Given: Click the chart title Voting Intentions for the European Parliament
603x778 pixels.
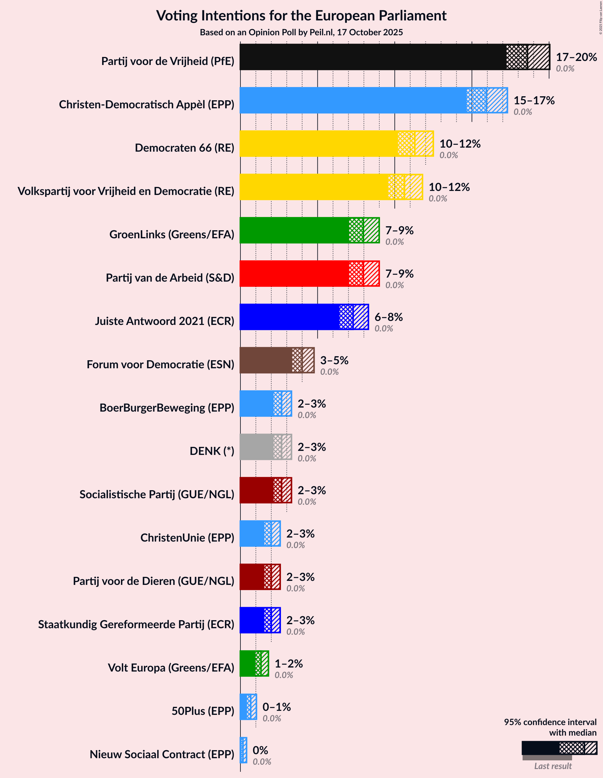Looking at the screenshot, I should tap(301, 16).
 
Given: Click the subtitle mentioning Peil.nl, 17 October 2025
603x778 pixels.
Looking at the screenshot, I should tap(301, 32).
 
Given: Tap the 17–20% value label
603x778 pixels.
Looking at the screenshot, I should tap(576, 57).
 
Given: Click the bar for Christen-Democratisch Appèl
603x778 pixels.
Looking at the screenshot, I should tap(353, 101).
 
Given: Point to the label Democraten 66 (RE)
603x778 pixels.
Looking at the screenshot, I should tap(184, 148).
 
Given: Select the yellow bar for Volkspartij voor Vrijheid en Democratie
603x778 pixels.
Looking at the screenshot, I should tap(313, 187).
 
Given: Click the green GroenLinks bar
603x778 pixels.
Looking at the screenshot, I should tap(294, 231).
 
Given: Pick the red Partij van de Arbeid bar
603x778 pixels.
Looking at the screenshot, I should tap(294, 274).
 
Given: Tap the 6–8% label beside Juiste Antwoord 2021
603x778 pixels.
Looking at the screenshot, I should tap(389, 317).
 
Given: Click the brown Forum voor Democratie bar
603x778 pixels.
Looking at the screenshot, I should tap(266, 360).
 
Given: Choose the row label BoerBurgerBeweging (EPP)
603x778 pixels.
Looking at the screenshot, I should tap(167, 408).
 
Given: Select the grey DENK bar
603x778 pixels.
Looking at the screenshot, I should tap(256, 447).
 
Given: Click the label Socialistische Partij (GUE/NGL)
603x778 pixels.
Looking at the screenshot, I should tap(157, 495).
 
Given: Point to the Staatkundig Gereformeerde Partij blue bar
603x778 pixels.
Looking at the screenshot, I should tap(252, 620).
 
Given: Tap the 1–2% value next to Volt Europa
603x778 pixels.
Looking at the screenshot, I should tap(288, 663).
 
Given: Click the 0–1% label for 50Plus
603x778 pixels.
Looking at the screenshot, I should tap(276, 707).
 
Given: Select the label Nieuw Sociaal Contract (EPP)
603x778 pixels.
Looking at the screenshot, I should tap(162, 754).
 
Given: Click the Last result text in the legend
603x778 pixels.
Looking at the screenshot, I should tap(553, 766).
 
